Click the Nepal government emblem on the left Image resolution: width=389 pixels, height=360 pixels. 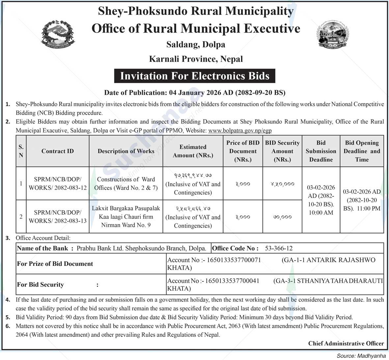point(58,33)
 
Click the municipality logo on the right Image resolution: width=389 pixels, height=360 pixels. point(332,34)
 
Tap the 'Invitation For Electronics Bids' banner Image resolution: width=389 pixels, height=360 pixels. point(195,76)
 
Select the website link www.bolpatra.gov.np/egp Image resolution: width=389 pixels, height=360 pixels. point(240,130)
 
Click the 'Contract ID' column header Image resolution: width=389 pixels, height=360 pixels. point(58,151)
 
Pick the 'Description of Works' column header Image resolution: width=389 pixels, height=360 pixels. point(126,151)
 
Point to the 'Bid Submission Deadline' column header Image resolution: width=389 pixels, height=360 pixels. point(321,151)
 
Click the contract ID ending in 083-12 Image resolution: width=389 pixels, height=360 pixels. point(58,183)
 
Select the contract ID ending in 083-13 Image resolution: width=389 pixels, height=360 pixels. point(58,217)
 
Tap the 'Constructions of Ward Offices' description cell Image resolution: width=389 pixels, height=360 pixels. point(126,183)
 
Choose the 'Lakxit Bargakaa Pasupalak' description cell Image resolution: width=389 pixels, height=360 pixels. point(126,217)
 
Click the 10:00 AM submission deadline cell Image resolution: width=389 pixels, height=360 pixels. point(321,200)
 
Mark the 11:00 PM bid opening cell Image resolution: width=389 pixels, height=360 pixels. point(362,200)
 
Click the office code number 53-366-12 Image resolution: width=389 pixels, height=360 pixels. point(279,248)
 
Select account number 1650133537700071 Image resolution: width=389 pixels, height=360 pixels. point(234,260)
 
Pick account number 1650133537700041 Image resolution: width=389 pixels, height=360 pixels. point(232,281)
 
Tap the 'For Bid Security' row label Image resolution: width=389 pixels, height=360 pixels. point(41,285)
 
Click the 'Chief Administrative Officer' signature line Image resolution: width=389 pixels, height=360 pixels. point(346,343)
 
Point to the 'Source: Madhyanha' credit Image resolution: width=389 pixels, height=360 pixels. point(361,356)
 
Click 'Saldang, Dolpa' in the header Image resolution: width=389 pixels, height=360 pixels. point(196,44)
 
